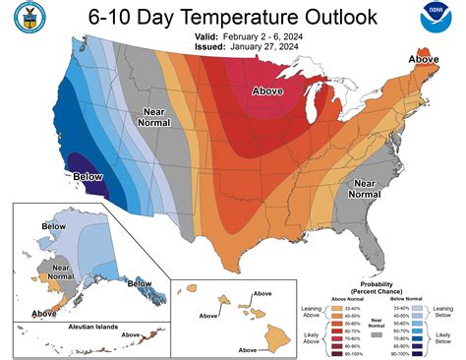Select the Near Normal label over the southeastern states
coord(366,188)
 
